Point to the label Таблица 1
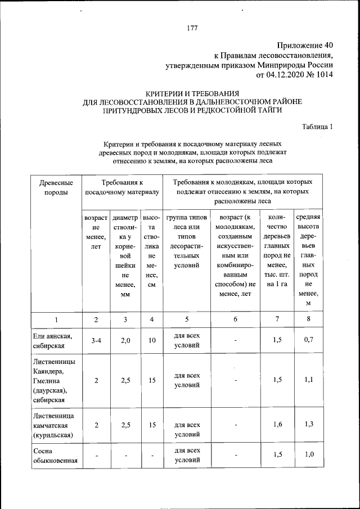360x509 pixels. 318,126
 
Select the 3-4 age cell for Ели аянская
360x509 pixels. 96,340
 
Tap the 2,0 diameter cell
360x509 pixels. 125,340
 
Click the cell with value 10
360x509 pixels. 152,340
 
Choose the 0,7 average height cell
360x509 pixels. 308,340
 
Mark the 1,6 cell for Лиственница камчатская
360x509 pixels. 277,425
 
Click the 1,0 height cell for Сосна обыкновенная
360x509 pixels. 308,455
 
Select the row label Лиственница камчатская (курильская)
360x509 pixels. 56,425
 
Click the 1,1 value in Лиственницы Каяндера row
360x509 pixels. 308,380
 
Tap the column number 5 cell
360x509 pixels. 186,319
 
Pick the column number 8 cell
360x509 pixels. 308,319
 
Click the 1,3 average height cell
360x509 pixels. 308,425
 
